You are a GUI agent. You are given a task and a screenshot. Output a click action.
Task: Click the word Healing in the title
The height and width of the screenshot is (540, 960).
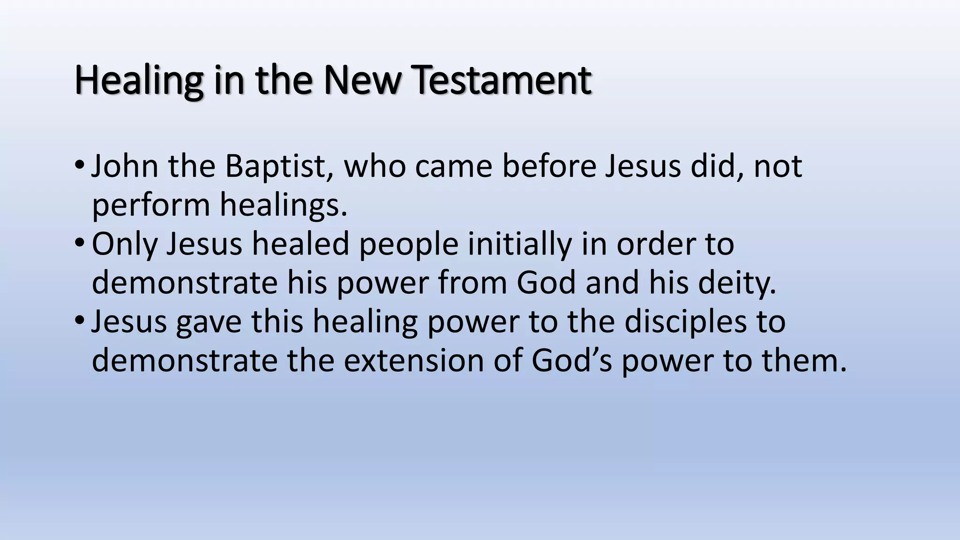pyautogui.click(x=139, y=81)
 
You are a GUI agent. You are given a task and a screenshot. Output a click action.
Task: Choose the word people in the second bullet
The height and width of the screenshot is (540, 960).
pyautogui.click(x=408, y=244)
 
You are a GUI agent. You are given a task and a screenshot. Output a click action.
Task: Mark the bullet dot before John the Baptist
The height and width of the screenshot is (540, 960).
pyautogui.click(x=79, y=165)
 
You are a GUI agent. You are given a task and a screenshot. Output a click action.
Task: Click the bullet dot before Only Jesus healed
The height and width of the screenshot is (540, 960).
pyautogui.click(x=79, y=243)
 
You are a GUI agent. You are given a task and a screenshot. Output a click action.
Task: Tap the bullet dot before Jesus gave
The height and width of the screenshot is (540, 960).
pyautogui.click(x=79, y=321)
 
